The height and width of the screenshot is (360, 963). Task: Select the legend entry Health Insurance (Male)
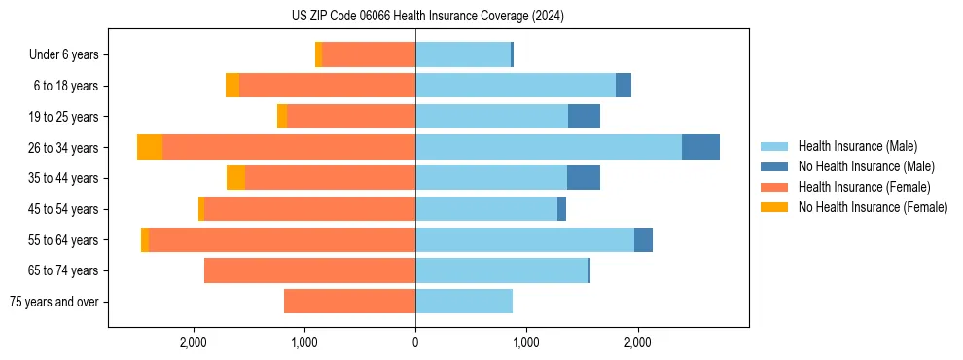(857, 146)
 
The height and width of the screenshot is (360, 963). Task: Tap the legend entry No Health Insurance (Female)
(873, 207)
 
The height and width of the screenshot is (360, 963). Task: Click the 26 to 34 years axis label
(64, 148)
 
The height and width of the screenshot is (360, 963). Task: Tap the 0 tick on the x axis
(415, 342)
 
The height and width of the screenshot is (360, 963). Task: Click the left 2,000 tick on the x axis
(194, 342)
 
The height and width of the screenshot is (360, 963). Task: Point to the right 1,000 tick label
(526, 342)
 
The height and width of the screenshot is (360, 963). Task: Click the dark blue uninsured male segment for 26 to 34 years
(700, 147)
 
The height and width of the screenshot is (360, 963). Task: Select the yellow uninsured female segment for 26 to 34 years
(150, 147)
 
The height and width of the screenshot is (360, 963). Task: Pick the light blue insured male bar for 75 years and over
(464, 302)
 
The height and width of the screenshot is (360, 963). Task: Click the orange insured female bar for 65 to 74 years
(309, 270)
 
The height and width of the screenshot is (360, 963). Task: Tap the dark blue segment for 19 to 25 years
(584, 117)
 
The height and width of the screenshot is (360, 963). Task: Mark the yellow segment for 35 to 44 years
(235, 178)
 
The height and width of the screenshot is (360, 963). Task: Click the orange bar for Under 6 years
(369, 55)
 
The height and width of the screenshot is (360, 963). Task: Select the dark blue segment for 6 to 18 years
(624, 86)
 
